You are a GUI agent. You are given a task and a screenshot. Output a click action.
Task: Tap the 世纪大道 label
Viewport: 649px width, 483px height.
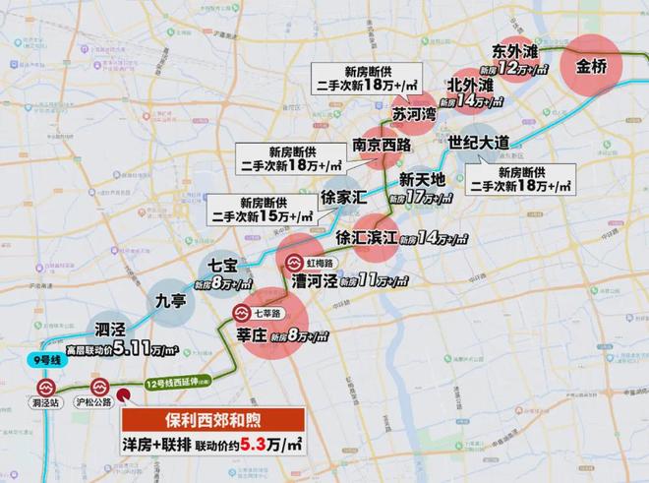(479, 143)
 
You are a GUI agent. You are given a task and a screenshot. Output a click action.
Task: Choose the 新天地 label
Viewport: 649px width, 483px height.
(423, 180)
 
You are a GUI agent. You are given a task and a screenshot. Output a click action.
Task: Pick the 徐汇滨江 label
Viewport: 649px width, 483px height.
(366, 236)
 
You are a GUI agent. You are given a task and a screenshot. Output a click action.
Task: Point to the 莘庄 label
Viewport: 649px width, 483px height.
(259, 334)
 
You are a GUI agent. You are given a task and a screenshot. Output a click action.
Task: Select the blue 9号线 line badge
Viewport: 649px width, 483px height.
(40, 361)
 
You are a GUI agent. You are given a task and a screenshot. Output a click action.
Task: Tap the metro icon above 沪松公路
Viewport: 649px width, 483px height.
(98, 389)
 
